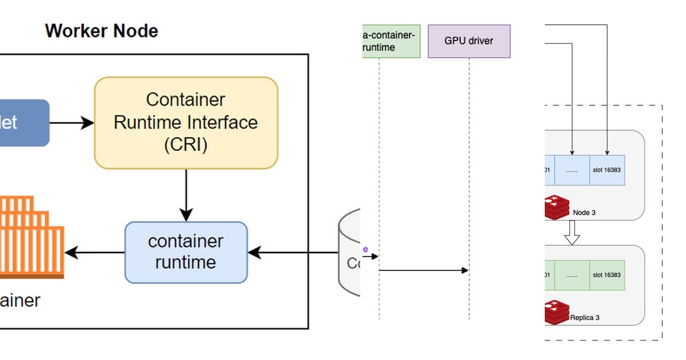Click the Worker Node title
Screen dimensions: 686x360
[101, 30]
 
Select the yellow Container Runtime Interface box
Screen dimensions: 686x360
[186, 123]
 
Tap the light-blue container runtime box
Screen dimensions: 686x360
[186, 252]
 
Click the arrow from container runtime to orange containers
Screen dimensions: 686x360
[95, 252]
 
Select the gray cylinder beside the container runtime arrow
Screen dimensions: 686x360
[349, 251]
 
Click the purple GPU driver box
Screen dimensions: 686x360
[469, 41]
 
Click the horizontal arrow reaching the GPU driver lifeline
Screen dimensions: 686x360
[423, 270]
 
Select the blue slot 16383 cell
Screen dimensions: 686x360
[607, 170]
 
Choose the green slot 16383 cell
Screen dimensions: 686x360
[607, 275]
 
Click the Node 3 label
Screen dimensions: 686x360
[584, 213]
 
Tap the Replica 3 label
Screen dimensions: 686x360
[585, 317]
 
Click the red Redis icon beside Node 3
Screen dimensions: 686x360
[557, 207]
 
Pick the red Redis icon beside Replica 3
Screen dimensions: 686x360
[557, 312]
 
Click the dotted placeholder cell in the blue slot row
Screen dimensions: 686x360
[572, 170]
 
